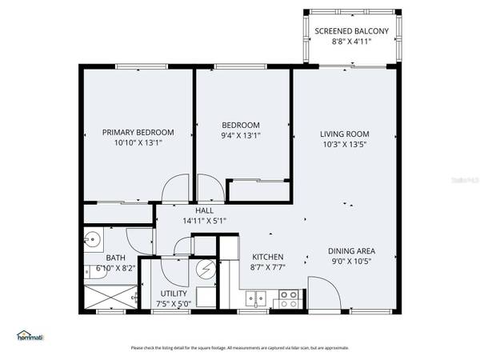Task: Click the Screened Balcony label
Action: click(351, 31)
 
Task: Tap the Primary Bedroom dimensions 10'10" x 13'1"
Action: click(138, 143)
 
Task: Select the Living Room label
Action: click(345, 134)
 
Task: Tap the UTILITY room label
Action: click(174, 294)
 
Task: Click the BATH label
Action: click(115, 258)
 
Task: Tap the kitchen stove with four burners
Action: click(287, 298)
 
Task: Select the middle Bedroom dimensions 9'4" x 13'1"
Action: click(241, 135)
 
